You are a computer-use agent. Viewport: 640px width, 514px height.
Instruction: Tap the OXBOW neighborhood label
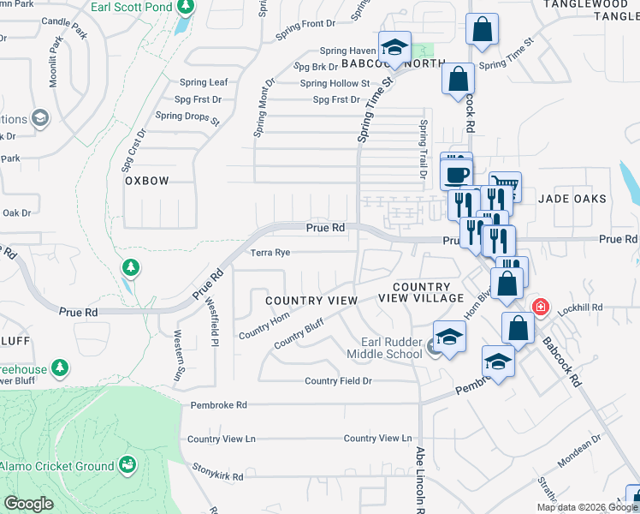click(147, 181)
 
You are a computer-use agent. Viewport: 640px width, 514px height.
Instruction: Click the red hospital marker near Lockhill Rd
click(540, 307)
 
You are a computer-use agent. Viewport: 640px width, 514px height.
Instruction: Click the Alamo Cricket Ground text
click(56, 466)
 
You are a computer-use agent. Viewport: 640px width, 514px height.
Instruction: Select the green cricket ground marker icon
click(128, 465)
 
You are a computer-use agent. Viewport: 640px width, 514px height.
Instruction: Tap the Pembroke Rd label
click(218, 404)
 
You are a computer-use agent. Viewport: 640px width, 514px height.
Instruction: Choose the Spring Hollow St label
click(335, 83)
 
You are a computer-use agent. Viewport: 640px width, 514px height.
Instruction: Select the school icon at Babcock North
click(394, 46)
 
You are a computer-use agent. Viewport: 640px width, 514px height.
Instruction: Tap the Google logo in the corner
click(29, 504)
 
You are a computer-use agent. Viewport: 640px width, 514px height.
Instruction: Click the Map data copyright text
click(586, 507)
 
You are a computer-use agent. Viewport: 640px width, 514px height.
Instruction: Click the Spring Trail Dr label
click(423, 148)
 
